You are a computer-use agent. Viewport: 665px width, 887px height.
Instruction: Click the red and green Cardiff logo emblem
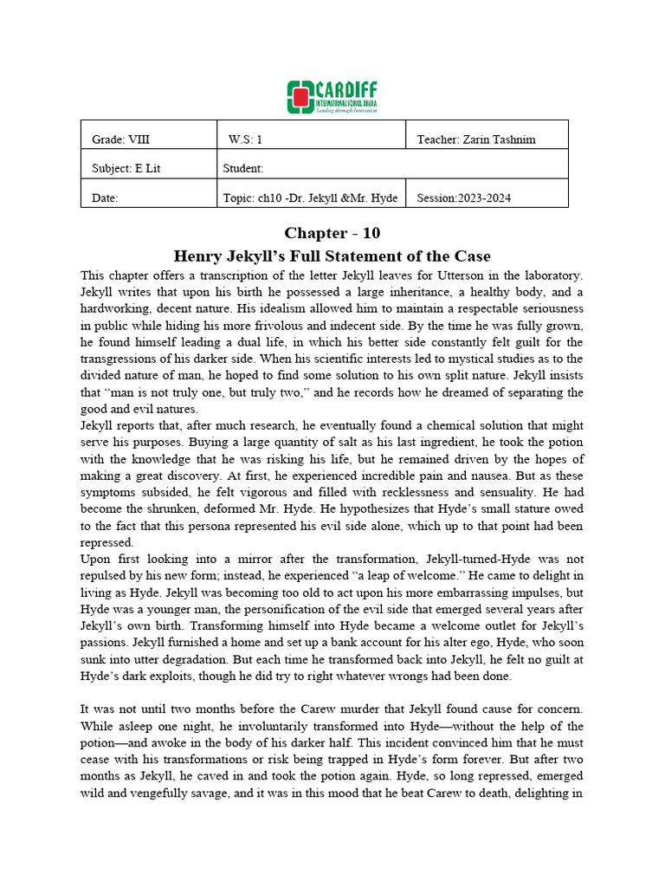click(x=300, y=97)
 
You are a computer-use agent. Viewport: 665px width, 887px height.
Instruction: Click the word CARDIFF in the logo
click(x=346, y=90)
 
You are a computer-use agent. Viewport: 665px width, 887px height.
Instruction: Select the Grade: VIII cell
click(x=120, y=139)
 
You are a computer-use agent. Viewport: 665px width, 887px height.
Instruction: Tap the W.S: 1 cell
click(x=245, y=139)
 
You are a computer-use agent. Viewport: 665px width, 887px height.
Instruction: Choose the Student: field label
click(x=243, y=168)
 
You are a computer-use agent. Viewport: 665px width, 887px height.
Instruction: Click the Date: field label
click(x=105, y=197)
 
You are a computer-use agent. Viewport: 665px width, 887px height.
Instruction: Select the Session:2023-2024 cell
click(x=464, y=197)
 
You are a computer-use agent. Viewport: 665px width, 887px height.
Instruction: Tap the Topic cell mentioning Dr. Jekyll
click(x=310, y=197)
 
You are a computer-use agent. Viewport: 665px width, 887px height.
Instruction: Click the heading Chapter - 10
click(x=332, y=233)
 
